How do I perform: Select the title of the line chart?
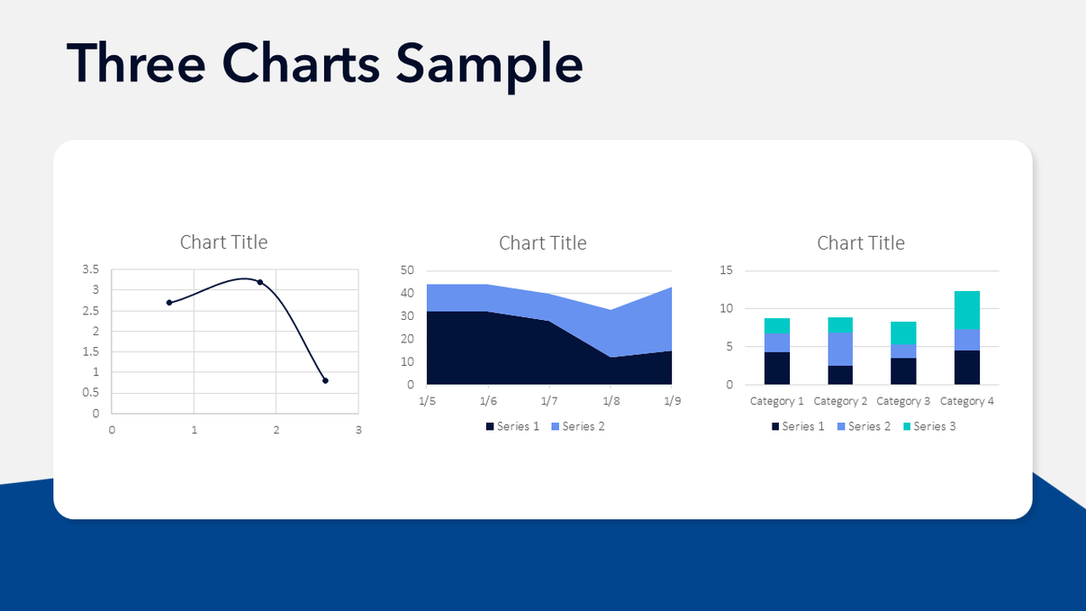(223, 242)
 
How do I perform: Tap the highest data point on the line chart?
(260, 282)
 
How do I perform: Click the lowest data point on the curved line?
(325, 380)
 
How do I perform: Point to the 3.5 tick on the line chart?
(91, 269)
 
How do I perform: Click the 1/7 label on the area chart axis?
(548, 400)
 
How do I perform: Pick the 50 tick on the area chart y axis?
(407, 270)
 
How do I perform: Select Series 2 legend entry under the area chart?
(577, 426)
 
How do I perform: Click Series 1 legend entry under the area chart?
(511, 426)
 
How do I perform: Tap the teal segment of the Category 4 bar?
(967, 310)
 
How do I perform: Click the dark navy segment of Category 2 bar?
(840, 375)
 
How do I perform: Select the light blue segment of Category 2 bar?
(840, 349)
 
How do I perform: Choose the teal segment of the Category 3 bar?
(903, 333)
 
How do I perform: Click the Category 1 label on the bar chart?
(777, 401)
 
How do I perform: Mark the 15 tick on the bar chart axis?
(727, 270)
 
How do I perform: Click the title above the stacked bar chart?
(861, 242)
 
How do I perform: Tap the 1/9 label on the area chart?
(672, 400)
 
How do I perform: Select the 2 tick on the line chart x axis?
(276, 430)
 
